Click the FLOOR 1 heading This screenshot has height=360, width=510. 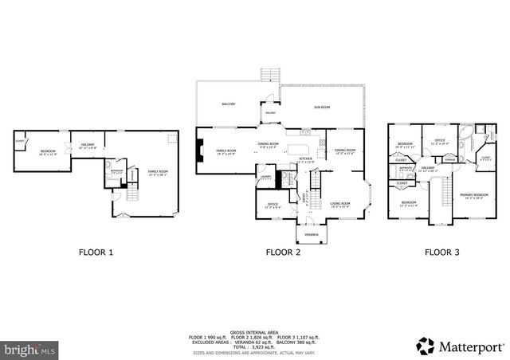pyautogui.click(x=95, y=252)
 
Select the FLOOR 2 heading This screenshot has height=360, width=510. pyautogui.click(x=283, y=252)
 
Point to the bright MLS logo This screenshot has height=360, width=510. pyautogui.click(x=29, y=349)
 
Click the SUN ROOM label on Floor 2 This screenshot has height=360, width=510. pyautogui.click(x=321, y=106)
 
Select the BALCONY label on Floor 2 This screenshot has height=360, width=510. pyautogui.click(x=228, y=104)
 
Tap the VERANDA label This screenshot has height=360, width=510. pyautogui.click(x=312, y=236)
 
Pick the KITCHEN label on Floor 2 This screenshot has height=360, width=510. pyautogui.click(x=305, y=158)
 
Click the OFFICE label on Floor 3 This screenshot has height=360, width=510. pyautogui.click(x=439, y=142)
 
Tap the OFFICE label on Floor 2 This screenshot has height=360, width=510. pyautogui.click(x=272, y=205)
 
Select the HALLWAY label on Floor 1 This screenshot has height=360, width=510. pyautogui.click(x=88, y=145)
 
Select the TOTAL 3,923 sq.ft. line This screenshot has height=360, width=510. pyautogui.click(x=254, y=348)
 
